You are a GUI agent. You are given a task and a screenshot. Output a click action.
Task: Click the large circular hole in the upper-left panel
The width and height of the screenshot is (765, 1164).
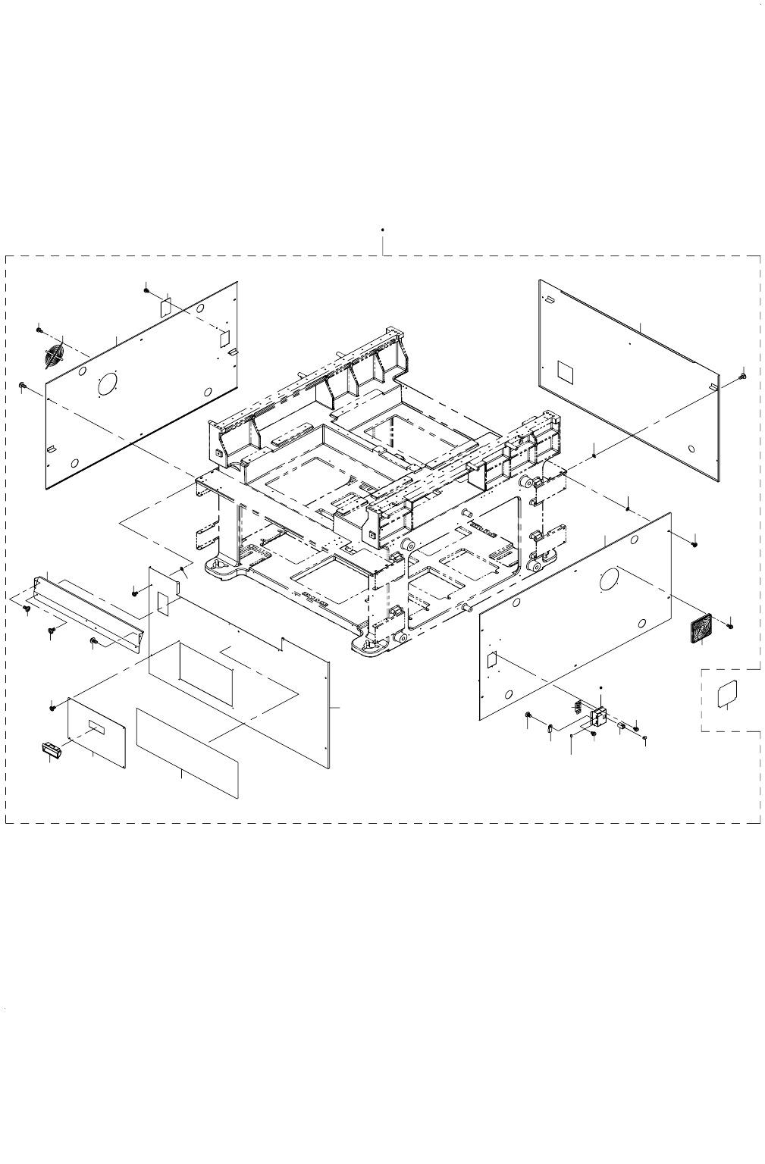point(110,384)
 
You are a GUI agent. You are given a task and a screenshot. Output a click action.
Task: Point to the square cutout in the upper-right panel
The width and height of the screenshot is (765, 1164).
point(566,371)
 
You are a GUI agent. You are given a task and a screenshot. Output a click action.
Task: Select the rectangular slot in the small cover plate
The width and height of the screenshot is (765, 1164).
point(98,727)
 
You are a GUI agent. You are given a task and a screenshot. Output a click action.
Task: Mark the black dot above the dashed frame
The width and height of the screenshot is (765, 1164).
point(383,228)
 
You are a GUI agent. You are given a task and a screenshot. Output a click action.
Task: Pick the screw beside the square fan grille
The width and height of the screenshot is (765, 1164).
point(730,625)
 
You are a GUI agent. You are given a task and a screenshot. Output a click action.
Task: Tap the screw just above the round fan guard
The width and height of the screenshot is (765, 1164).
point(39,329)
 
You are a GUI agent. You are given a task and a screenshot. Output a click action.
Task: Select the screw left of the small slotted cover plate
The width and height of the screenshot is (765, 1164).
point(52,707)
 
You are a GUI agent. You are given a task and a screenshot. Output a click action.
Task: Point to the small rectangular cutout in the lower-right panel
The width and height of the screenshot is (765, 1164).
point(491,659)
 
